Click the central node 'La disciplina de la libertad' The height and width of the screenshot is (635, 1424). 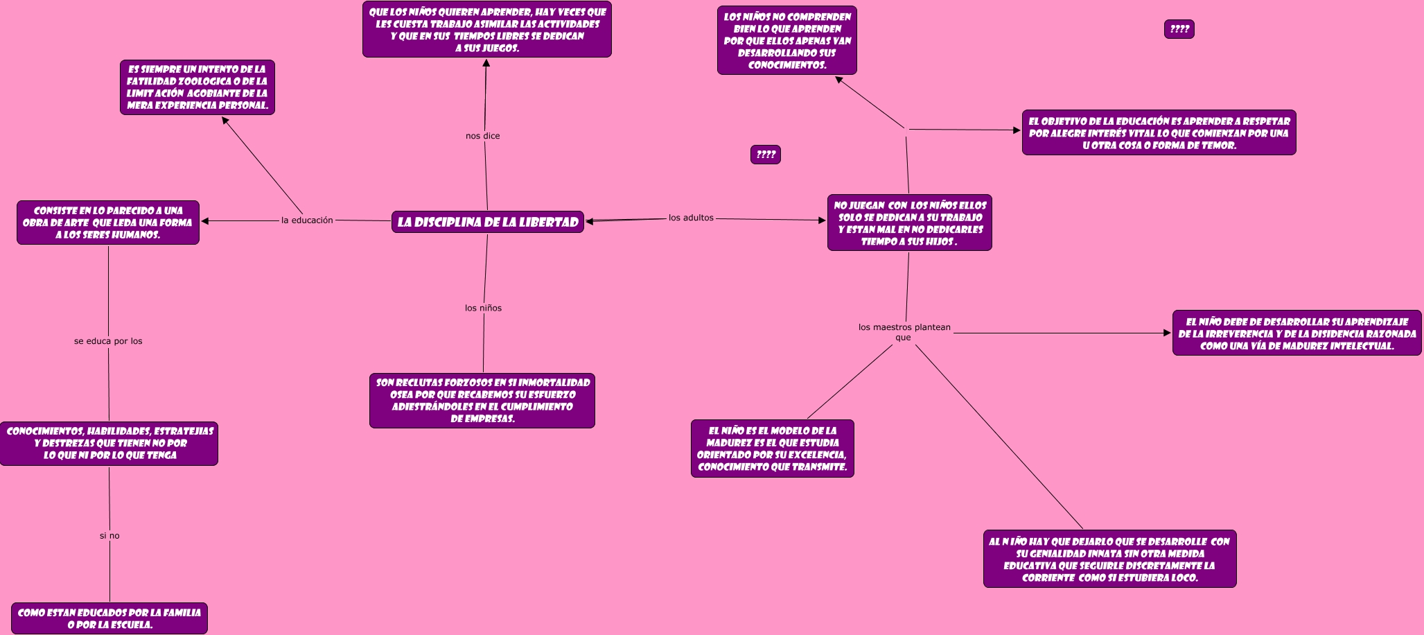click(487, 222)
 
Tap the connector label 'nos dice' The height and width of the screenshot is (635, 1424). click(482, 136)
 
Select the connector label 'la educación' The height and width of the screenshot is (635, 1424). click(307, 220)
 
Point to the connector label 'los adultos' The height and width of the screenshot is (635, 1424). click(691, 218)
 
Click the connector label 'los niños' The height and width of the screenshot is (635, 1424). click(483, 308)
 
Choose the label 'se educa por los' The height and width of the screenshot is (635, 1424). click(108, 341)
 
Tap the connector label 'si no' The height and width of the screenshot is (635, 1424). click(109, 536)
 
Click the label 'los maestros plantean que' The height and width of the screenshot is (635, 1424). click(904, 332)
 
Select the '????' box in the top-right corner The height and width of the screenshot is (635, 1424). click(1179, 29)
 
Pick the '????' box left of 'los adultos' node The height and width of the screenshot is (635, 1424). click(765, 155)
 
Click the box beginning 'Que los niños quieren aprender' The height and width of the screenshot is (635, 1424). click(486, 30)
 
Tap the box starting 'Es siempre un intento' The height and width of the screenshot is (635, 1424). click(197, 87)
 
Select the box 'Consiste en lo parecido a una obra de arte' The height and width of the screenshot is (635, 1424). click(108, 223)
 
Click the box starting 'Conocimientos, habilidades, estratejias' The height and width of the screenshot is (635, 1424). click(109, 443)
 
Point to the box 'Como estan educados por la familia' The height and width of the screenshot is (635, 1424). click(109, 618)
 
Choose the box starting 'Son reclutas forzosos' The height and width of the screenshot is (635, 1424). click(482, 401)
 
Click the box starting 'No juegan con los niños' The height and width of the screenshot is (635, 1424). click(909, 223)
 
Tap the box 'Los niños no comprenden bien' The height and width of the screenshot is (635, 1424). click(786, 40)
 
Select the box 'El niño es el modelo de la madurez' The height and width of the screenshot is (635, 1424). click(772, 449)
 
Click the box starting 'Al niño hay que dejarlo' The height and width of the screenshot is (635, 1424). click(1109, 559)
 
